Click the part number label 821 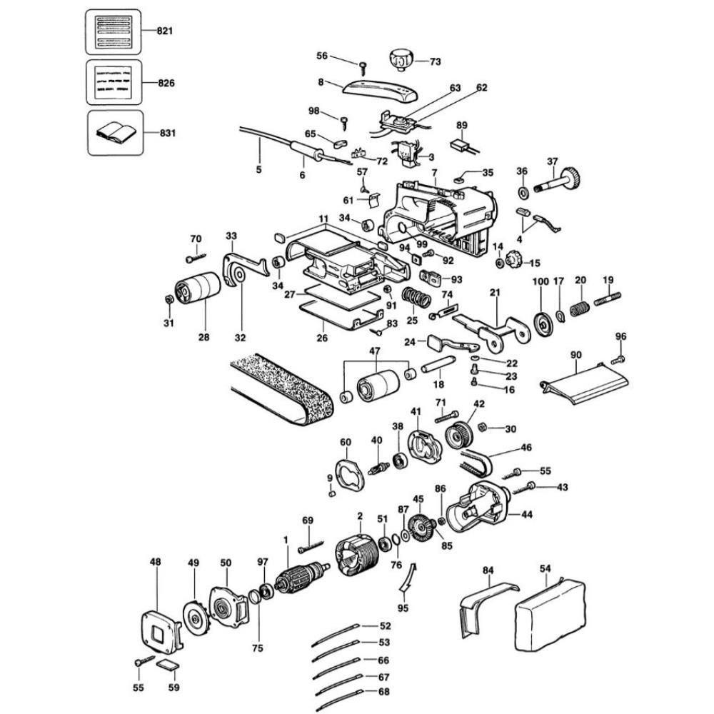tap(165, 31)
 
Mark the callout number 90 tap(576, 354)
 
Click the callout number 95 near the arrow tap(403, 608)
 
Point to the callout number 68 tap(383, 691)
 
